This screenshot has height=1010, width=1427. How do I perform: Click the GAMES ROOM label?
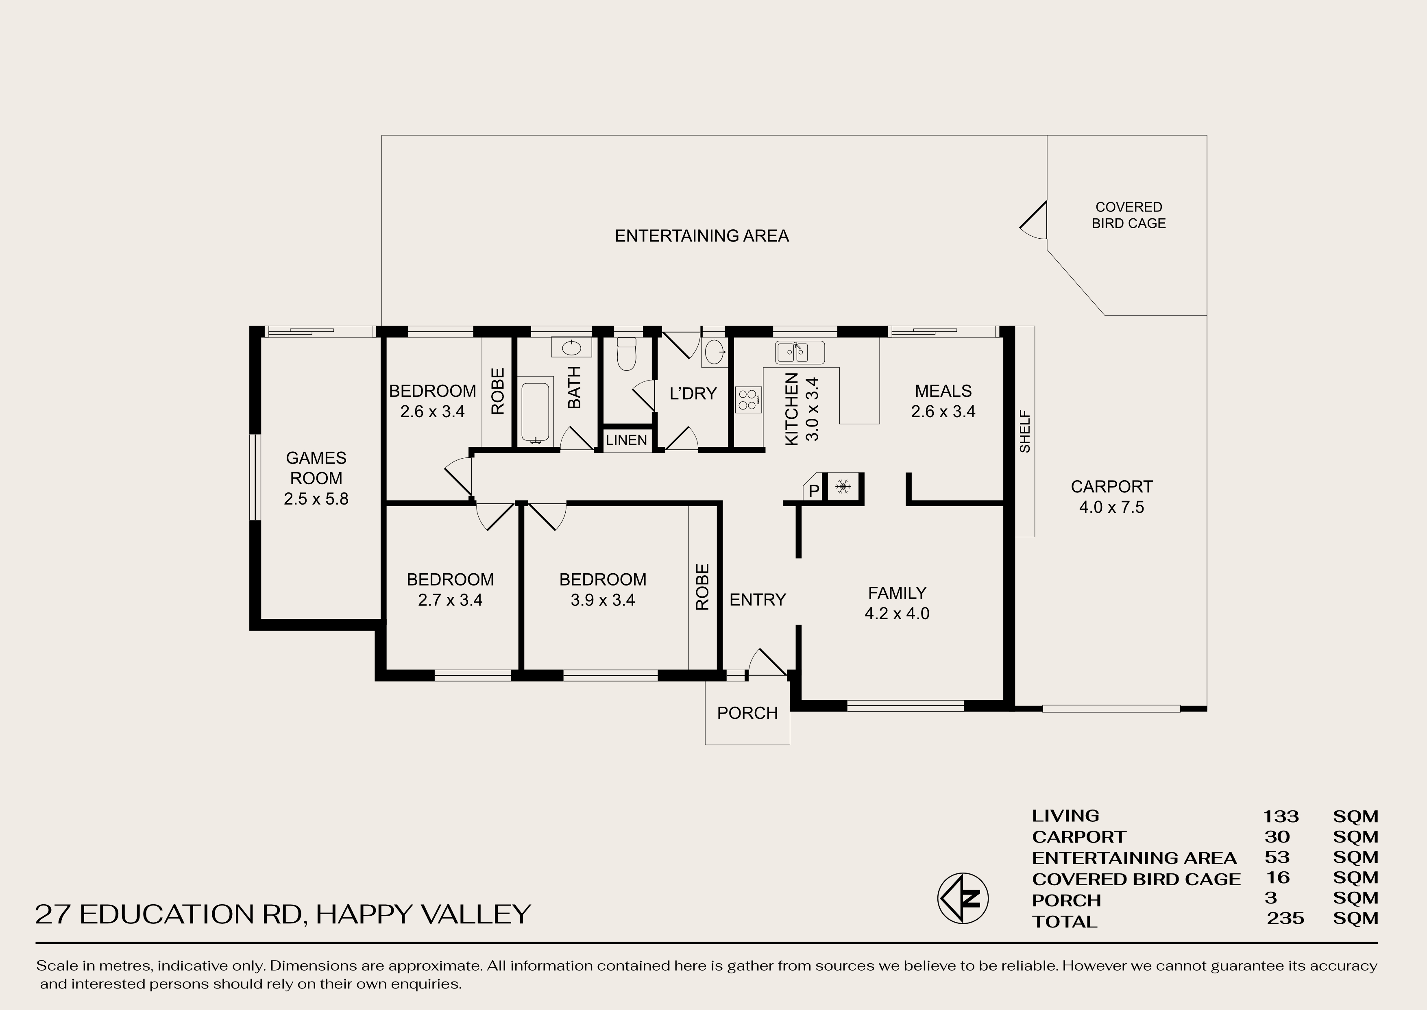coord(316,468)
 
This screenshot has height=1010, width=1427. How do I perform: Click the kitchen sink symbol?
coord(800,352)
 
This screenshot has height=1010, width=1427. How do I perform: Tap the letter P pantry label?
coord(813,491)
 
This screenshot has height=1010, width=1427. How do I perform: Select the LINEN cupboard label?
coord(626,440)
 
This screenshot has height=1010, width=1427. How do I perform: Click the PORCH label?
coord(747,713)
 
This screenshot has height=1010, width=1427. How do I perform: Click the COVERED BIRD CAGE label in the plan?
coord(1129,215)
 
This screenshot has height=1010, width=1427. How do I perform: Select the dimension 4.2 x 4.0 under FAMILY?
coord(896,614)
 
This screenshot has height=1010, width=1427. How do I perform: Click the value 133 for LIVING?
coord(1280,816)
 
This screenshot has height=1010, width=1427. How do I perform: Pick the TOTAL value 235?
coord(1285,918)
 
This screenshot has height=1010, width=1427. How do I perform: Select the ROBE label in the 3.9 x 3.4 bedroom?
coord(702,586)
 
